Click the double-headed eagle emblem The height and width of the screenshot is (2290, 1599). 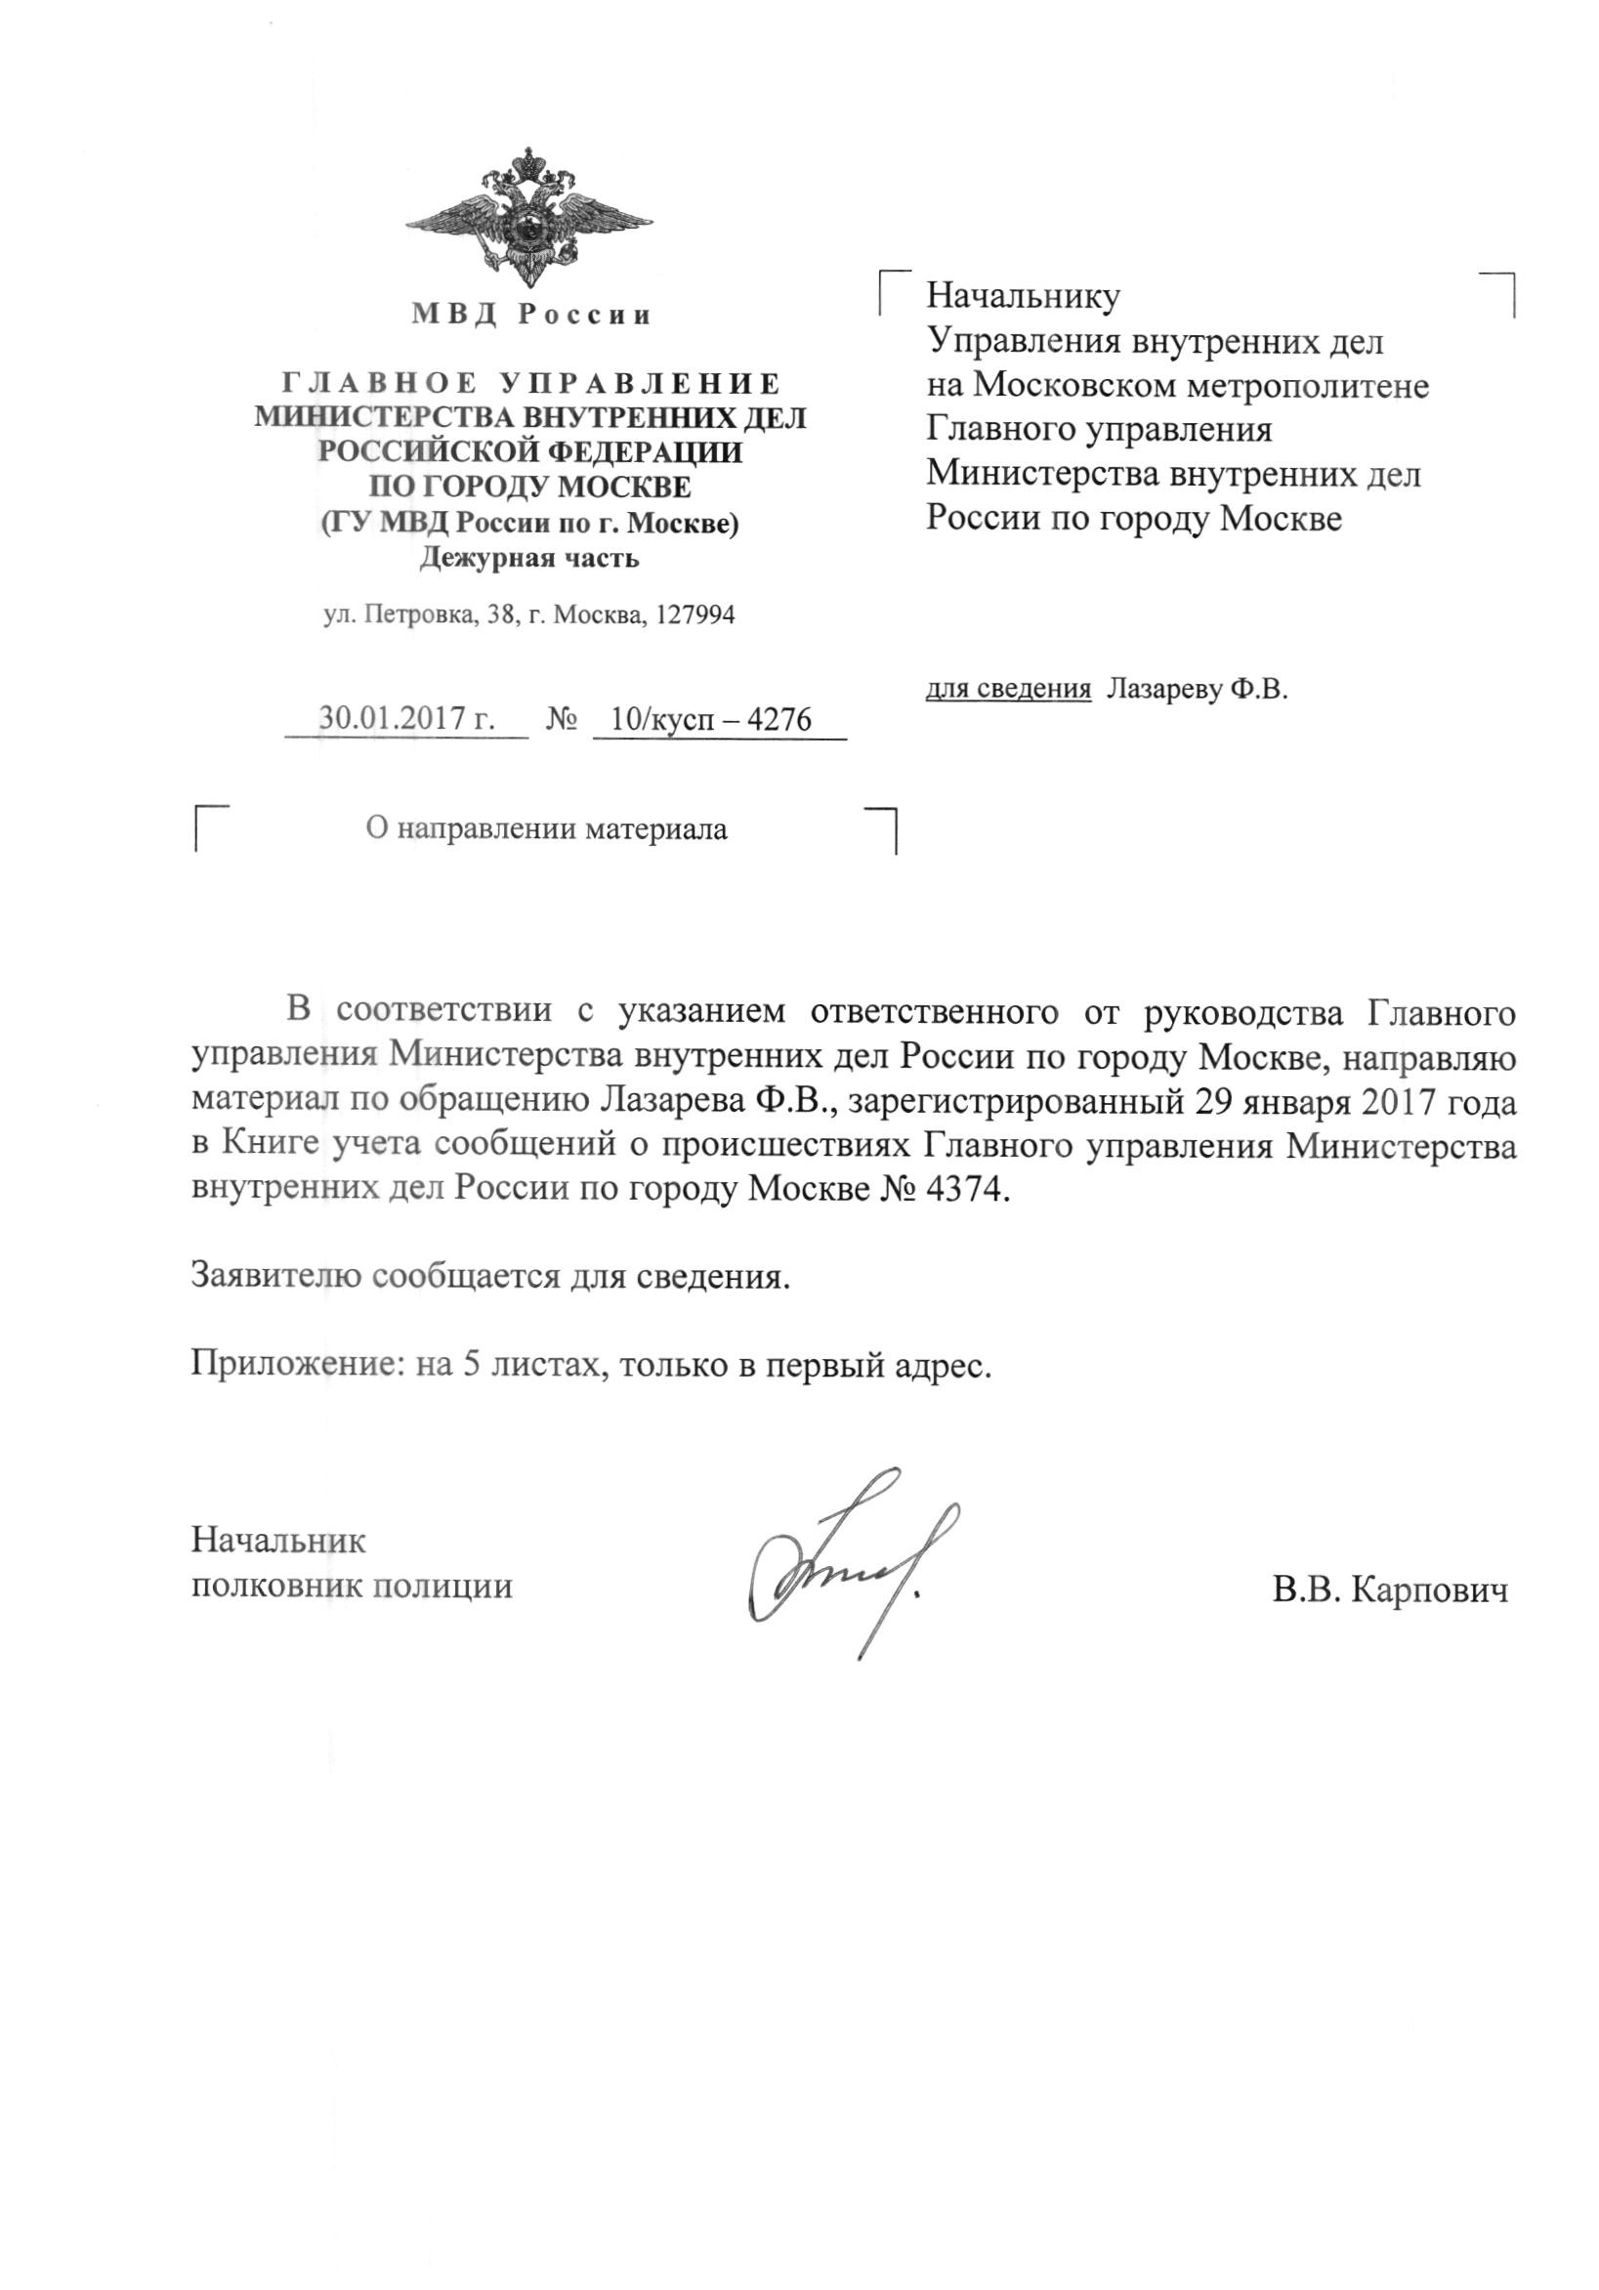528,218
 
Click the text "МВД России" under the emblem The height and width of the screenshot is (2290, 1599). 531,316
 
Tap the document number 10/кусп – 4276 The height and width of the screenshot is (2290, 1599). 710,719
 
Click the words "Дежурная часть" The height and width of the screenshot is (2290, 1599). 528,558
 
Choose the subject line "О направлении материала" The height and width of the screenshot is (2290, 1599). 546,828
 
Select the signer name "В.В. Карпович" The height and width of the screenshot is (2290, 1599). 1390,1590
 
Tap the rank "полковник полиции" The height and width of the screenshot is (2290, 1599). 351,1586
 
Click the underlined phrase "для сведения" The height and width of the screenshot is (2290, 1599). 1008,689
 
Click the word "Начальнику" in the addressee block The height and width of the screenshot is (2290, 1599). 1024,295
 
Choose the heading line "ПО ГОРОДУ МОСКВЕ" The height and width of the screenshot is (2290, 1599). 529,488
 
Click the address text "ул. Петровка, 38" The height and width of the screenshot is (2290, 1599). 418,615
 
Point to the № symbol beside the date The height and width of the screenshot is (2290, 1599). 562,719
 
